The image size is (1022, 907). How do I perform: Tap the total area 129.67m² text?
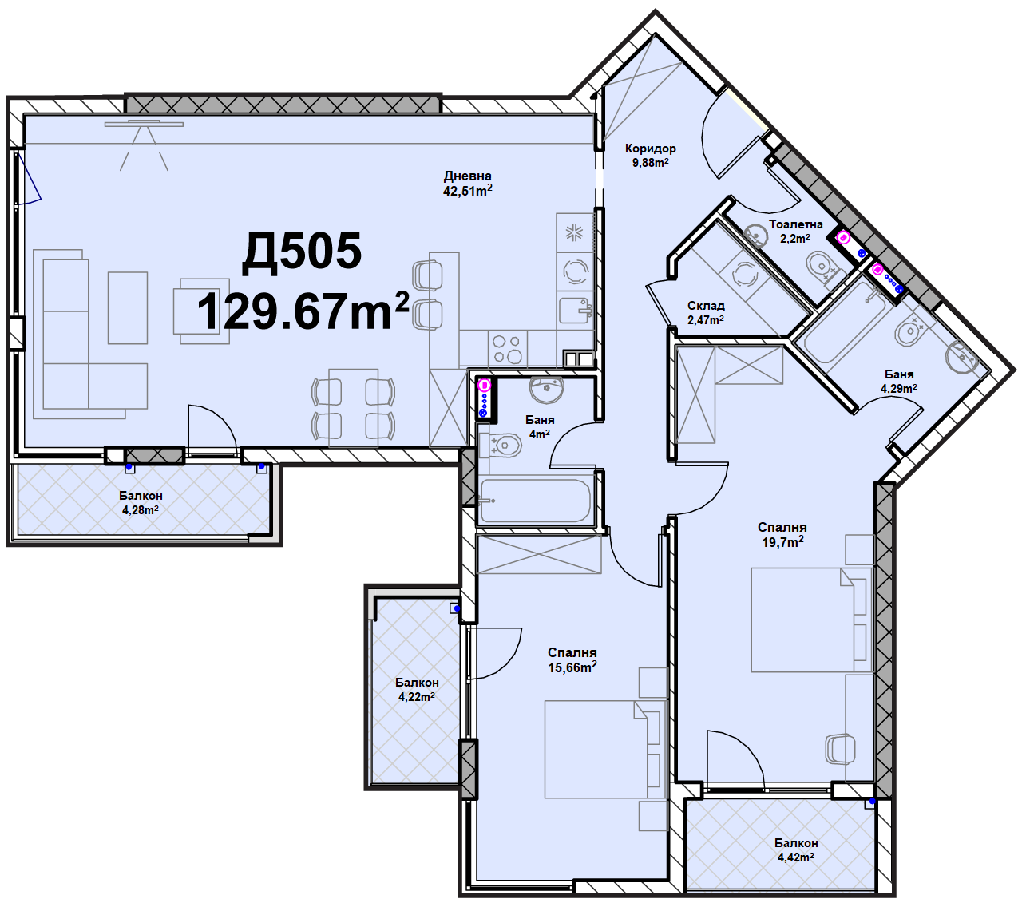coord(303,311)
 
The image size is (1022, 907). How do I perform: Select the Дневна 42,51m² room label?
coord(468,184)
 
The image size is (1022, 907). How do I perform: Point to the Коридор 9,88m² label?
coord(650,156)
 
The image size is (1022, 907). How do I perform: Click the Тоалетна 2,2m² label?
coord(795,232)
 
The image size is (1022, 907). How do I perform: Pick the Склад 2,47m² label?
coord(706,313)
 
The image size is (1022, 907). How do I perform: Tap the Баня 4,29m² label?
coord(899,382)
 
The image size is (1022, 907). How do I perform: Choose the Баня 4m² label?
coord(540,427)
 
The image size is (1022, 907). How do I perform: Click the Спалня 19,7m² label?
coord(782,535)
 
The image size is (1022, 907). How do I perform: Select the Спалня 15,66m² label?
coord(572,660)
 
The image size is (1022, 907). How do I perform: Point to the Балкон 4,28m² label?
coord(141,503)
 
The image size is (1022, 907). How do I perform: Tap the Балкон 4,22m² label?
coord(417,690)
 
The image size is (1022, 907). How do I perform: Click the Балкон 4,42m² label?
coord(796,850)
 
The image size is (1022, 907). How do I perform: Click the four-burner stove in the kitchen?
coord(508,349)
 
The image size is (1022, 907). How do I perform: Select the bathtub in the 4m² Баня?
coord(535,501)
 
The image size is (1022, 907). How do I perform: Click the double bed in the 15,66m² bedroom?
coord(605,749)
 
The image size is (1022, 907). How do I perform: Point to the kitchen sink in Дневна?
coord(576,310)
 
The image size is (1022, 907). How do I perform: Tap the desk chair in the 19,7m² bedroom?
coord(841,749)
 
